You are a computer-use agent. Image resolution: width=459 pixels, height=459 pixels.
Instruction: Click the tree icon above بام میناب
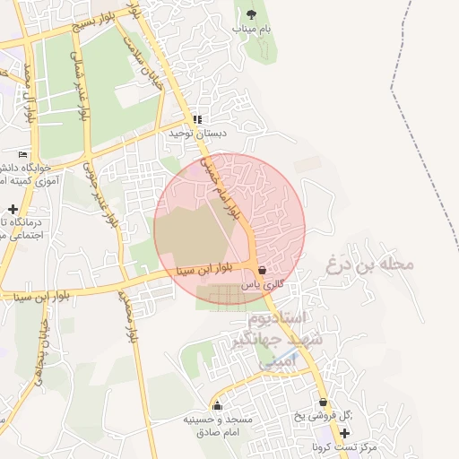click(x=251, y=14)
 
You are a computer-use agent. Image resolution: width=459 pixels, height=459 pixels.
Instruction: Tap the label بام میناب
click(x=251, y=29)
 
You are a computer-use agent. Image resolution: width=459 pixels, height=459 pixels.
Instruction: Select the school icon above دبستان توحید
click(x=197, y=118)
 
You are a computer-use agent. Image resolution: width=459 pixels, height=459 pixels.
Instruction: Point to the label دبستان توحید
click(x=198, y=133)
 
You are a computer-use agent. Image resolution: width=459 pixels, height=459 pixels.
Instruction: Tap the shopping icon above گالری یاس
click(x=262, y=270)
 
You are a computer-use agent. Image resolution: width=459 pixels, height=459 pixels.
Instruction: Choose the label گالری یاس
click(x=263, y=283)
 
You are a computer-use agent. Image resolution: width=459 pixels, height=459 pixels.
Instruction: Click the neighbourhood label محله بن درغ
click(x=370, y=264)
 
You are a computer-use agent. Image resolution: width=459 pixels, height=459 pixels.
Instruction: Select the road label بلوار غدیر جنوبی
click(x=100, y=193)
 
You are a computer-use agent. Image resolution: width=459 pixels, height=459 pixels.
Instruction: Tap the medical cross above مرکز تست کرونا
click(x=344, y=433)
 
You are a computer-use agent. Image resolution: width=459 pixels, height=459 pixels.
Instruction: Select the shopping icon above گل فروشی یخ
click(x=323, y=403)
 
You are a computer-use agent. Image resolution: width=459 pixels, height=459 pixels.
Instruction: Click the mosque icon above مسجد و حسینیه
click(x=216, y=405)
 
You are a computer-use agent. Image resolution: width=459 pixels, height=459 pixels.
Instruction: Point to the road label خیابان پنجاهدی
click(x=39, y=354)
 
